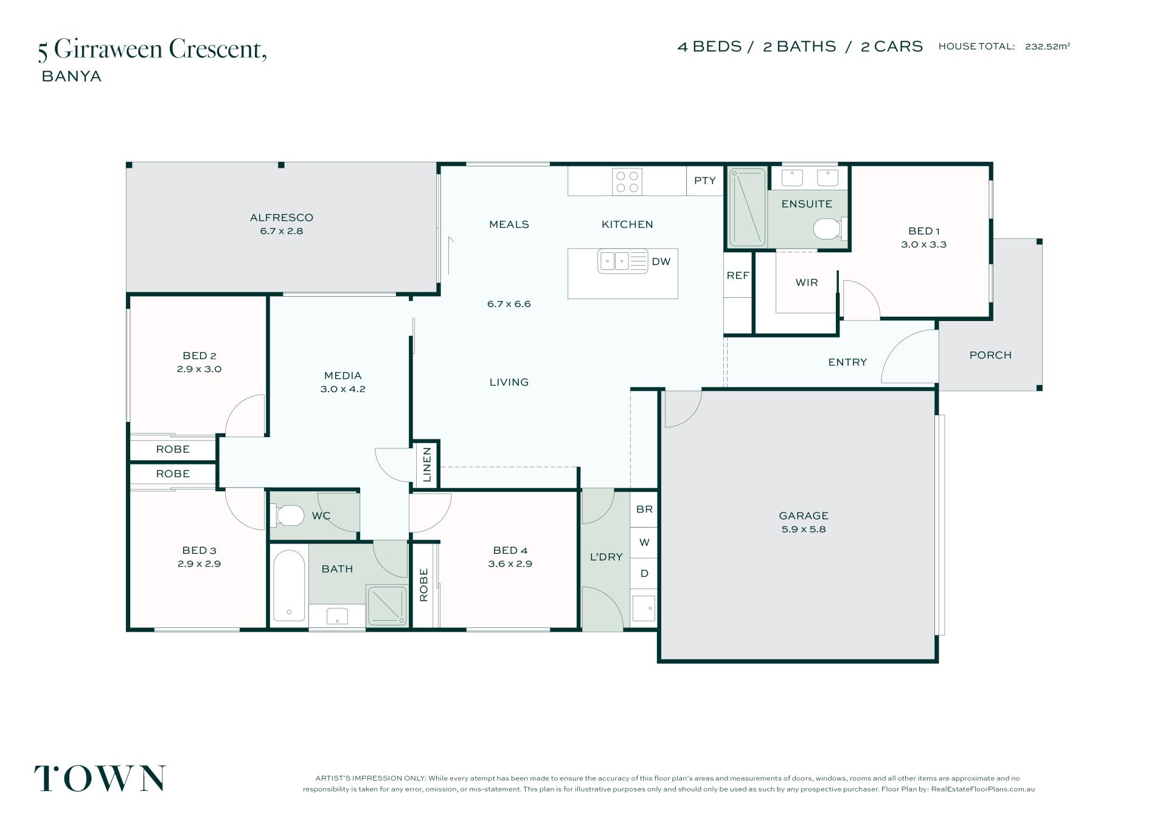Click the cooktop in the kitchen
tap(627, 181)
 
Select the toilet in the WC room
tap(288, 516)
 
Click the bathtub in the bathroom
tap(289, 585)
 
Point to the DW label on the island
tap(661, 261)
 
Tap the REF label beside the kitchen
tap(738, 275)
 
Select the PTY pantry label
tap(705, 181)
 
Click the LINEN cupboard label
tap(427, 464)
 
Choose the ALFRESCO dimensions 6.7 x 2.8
tap(282, 231)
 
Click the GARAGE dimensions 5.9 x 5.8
tap(804, 529)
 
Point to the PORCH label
tap(990, 355)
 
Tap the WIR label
tap(807, 283)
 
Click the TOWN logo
tap(100, 778)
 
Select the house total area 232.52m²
tap(1048, 46)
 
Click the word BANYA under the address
tap(71, 77)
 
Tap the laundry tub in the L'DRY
tap(644, 608)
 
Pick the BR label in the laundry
tap(644, 509)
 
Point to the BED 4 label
tap(510, 550)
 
